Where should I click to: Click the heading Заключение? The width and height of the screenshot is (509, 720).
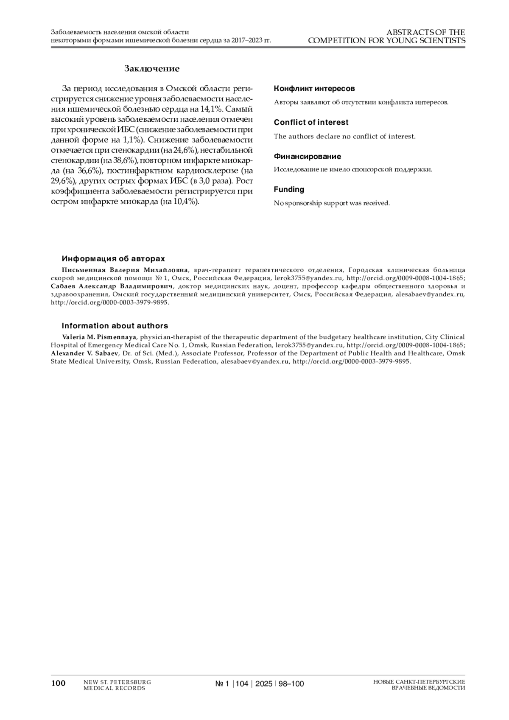[151, 69]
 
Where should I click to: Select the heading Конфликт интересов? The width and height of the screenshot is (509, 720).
[314, 89]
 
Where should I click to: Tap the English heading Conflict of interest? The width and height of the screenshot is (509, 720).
[311, 122]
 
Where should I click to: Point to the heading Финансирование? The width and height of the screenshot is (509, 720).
[307, 157]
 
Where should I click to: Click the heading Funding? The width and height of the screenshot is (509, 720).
[289, 189]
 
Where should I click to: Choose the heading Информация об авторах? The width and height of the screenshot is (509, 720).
[113, 259]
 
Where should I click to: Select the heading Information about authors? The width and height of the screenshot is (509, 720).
[115, 326]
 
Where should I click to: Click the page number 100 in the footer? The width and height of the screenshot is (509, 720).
[58, 683]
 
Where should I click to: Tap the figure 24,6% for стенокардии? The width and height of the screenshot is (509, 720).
[184, 150]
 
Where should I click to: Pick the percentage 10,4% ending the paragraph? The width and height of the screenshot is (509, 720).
[185, 202]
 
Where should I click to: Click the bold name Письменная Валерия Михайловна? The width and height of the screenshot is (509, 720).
[125, 270]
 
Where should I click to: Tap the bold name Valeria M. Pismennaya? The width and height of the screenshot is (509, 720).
[99, 337]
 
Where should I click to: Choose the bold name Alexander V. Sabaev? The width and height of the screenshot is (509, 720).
[85, 353]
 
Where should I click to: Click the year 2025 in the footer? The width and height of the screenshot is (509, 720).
[264, 684]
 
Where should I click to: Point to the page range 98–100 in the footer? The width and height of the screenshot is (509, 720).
[291, 684]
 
